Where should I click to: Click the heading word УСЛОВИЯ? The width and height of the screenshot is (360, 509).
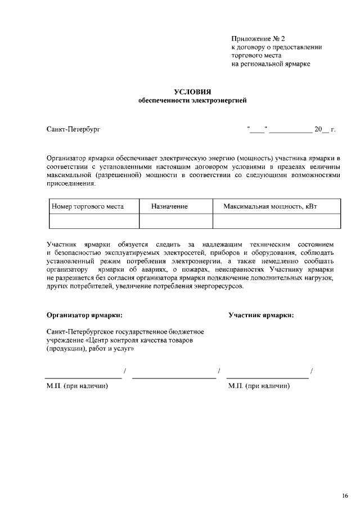point(192,92)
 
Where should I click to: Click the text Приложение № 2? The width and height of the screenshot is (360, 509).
point(258,39)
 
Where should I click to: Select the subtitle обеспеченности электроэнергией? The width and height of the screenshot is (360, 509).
point(192,101)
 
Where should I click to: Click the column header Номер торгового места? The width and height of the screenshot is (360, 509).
point(88,206)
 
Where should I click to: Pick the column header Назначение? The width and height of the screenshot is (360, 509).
point(169,206)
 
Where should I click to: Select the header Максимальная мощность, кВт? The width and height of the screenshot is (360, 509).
point(270,206)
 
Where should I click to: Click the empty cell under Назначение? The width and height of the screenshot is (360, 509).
point(175,221)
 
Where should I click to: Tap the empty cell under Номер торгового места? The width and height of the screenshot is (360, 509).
point(93,221)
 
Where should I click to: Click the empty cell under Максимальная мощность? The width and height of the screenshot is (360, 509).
point(276,221)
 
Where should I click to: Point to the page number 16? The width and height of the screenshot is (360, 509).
point(345,496)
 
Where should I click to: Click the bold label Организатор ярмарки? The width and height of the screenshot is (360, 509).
point(84,315)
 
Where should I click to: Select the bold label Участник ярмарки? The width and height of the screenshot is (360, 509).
point(261,315)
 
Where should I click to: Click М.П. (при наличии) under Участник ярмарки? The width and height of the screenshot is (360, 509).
point(259,386)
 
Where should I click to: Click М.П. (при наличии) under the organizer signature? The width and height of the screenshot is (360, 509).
point(77,386)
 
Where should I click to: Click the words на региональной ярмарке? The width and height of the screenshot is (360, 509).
point(271,64)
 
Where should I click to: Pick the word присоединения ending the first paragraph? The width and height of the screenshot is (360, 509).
point(71,184)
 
